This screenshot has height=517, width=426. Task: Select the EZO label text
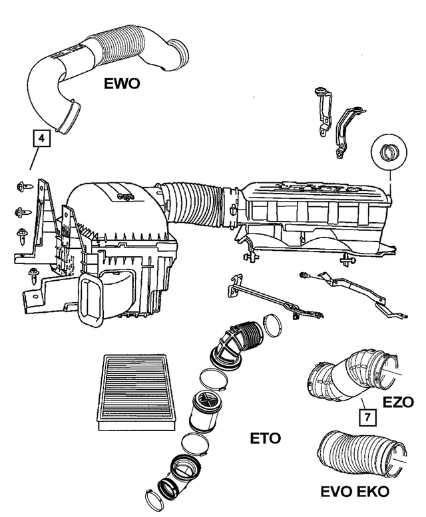(x=398, y=402)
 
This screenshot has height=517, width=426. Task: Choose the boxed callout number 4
(x=41, y=139)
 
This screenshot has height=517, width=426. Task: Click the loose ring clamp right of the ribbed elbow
(x=273, y=325)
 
